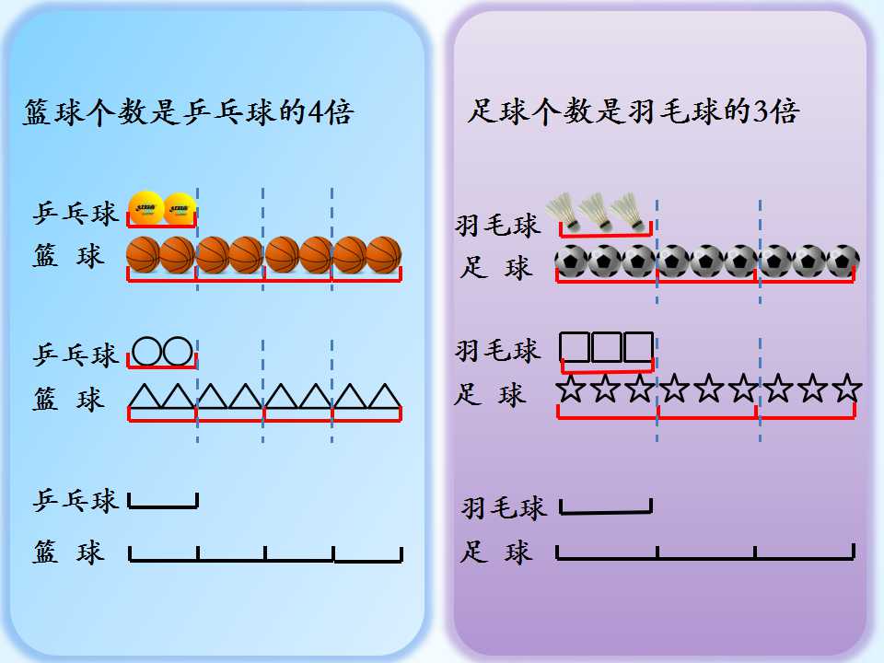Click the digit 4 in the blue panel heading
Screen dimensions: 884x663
click(x=315, y=111)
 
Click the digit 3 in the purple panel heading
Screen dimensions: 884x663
click(x=762, y=110)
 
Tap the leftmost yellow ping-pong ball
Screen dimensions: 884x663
click(x=146, y=208)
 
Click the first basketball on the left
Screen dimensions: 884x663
click(x=144, y=255)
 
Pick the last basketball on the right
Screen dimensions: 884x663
click(x=384, y=255)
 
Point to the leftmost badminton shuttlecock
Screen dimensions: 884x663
click(x=564, y=212)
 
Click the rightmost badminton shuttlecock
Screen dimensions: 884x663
click(x=629, y=212)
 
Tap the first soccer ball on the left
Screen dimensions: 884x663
click(x=572, y=262)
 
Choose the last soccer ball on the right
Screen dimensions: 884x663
click(x=843, y=262)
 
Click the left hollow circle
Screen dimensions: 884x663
click(x=146, y=352)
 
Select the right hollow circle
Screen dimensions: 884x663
click(x=178, y=352)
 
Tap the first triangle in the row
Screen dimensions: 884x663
click(x=145, y=396)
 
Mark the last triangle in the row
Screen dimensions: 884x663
click(x=385, y=396)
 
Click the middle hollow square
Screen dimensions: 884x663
click(x=607, y=347)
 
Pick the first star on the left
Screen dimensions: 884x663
click(x=571, y=389)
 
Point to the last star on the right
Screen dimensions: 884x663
click(x=847, y=389)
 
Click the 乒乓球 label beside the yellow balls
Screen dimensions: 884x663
click(x=76, y=214)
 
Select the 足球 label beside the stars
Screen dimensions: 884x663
click(x=490, y=394)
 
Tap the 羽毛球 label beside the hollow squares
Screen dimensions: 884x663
click(x=498, y=350)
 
